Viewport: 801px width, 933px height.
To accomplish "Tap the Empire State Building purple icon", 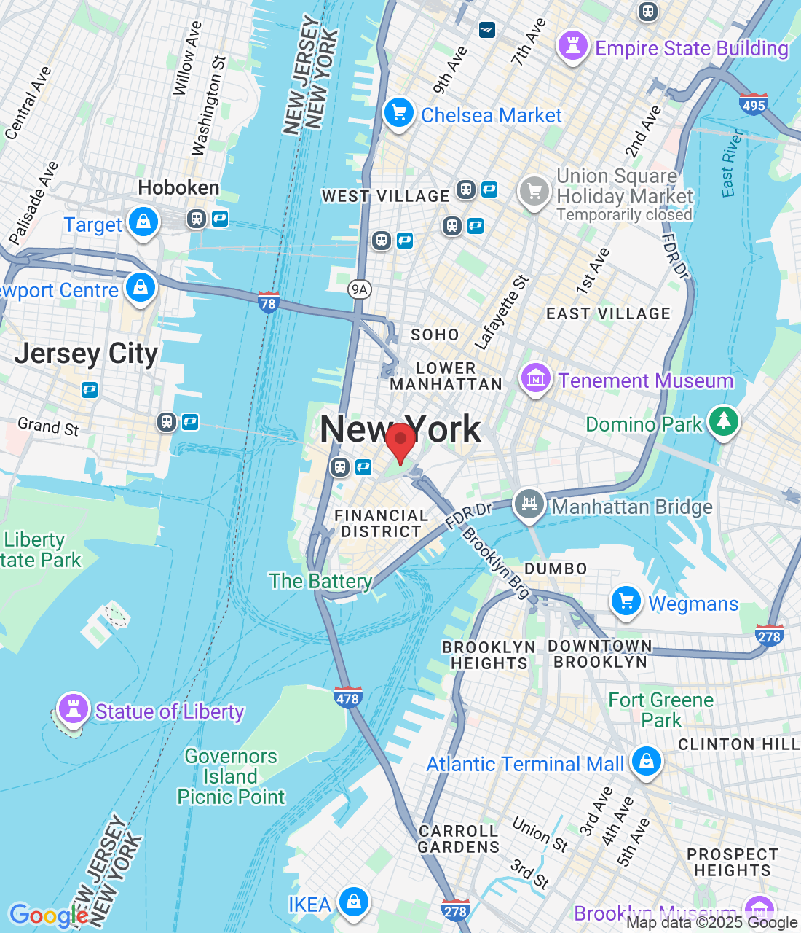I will pyautogui.click(x=572, y=46).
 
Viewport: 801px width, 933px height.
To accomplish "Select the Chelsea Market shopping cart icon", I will pyautogui.click(x=398, y=114).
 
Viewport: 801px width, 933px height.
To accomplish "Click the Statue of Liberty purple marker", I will pyautogui.click(x=73, y=708).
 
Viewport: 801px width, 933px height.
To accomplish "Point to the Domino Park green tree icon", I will pyautogui.click(x=722, y=422).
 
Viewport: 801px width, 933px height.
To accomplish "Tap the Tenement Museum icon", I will pyautogui.click(x=535, y=378).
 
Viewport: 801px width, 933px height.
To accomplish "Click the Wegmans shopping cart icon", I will pyautogui.click(x=626, y=601).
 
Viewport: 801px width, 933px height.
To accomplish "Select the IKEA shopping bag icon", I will pyautogui.click(x=354, y=902).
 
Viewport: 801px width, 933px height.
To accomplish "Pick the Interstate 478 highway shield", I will pyautogui.click(x=347, y=697).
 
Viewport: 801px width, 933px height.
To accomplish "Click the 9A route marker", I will pyautogui.click(x=359, y=289).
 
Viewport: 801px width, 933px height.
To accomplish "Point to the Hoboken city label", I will pyautogui.click(x=178, y=188).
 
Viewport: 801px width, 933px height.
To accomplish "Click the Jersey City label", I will pyautogui.click(x=86, y=354).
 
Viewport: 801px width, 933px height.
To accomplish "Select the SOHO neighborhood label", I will pyautogui.click(x=435, y=335).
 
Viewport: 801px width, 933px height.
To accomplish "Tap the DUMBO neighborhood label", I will pyautogui.click(x=556, y=569).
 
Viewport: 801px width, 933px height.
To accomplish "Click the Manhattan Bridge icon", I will pyautogui.click(x=529, y=504).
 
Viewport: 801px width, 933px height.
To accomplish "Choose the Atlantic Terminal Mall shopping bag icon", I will pyautogui.click(x=646, y=761).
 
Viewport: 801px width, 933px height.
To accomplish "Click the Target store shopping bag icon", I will pyautogui.click(x=143, y=222).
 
